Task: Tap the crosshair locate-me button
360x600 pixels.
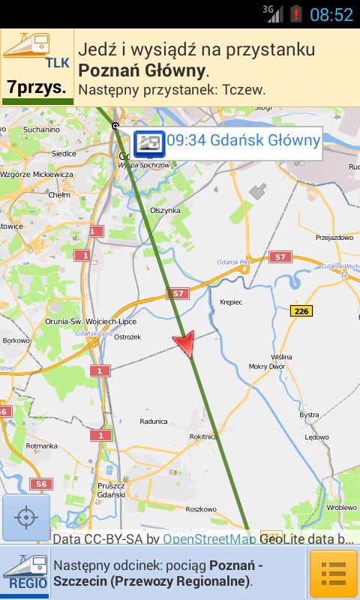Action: (26, 517)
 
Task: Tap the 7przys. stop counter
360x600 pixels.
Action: (37, 88)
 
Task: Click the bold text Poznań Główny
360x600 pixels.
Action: (142, 70)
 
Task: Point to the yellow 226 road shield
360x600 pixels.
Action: (301, 310)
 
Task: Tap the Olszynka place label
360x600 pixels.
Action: (167, 211)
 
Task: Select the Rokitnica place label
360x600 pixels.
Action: (204, 436)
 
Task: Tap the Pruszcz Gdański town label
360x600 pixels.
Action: (110, 490)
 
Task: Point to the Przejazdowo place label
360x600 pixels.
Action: (334, 237)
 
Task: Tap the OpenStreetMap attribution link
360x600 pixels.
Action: (209, 538)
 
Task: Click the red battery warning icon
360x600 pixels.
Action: (297, 14)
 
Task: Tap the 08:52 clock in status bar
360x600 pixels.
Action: (331, 14)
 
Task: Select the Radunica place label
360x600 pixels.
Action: (153, 421)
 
